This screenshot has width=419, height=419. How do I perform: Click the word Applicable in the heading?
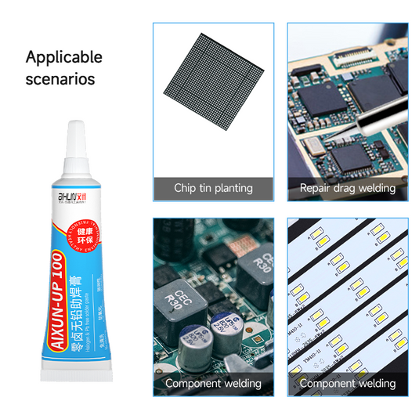coord(64,57)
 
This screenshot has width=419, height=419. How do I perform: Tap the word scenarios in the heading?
coord(60,79)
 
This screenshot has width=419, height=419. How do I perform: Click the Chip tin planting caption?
coord(213,188)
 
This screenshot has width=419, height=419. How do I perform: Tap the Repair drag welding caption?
coord(347,188)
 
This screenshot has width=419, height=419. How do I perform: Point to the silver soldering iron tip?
coord(368,129)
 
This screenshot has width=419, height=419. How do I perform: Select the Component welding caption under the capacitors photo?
coord(213,384)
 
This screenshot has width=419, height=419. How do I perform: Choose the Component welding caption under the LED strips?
coord(347,384)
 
